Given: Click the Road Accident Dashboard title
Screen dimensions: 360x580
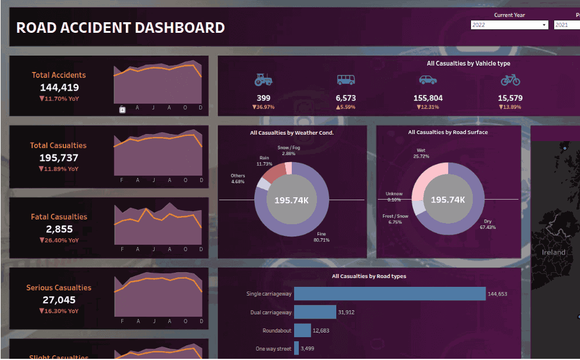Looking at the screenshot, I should (x=120, y=28).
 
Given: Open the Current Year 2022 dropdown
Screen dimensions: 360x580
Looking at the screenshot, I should (x=509, y=25).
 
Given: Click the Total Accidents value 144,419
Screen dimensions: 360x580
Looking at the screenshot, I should (x=59, y=87).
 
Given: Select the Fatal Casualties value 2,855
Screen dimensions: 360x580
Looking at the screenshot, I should (x=59, y=229).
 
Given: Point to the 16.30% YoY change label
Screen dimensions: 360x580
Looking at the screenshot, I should (x=59, y=311).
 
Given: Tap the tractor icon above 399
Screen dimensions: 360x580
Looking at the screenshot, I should (x=264, y=80).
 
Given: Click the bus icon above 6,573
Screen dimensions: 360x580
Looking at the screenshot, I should (x=346, y=80).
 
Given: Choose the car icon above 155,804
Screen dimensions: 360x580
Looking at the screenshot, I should (x=428, y=80).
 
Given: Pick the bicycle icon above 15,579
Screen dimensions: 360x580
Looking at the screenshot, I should (x=510, y=80).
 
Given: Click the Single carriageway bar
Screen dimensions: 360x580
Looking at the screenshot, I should (x=390, y=294).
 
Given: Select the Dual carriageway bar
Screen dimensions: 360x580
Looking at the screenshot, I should (x=315, y=313).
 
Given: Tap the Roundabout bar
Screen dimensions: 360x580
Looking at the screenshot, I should (x=302, y=331).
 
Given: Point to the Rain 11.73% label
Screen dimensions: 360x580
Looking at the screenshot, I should (x=265, y=161).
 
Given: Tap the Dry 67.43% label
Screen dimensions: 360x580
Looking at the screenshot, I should (x=487, y=224).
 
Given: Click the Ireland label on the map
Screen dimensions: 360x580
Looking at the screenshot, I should (x=554, y=252).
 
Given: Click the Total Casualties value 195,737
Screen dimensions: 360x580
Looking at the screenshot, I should (x=59, y=157).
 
